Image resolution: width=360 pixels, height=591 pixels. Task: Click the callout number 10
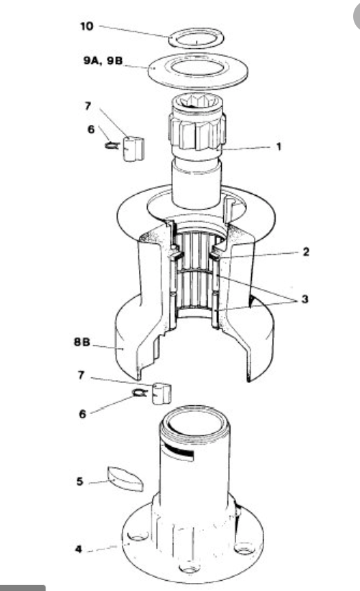[86, 27]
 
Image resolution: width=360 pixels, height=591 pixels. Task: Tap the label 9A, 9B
[103, 61]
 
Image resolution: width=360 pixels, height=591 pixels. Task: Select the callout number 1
[279, 146]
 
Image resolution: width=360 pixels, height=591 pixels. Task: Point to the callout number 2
[306, 252]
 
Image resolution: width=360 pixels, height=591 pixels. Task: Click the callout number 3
[305, 299]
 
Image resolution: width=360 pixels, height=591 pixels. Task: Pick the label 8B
[82, 342]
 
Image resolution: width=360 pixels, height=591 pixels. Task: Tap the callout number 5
[80, 482]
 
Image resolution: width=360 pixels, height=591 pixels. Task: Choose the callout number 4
[78, 549]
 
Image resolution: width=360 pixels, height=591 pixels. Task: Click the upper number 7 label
[88, 106]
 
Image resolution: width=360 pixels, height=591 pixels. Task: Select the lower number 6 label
[82, 414]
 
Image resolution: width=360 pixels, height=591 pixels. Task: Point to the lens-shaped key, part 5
[125, 479]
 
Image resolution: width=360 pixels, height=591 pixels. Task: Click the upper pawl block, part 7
[133, 148]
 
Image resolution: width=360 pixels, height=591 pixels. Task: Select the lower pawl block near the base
[161, 394]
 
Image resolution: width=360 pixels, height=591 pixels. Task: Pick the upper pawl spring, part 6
[112, 145]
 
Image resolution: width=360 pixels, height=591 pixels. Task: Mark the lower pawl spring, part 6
[140, 392]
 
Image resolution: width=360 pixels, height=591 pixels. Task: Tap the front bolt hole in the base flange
[190, 567]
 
